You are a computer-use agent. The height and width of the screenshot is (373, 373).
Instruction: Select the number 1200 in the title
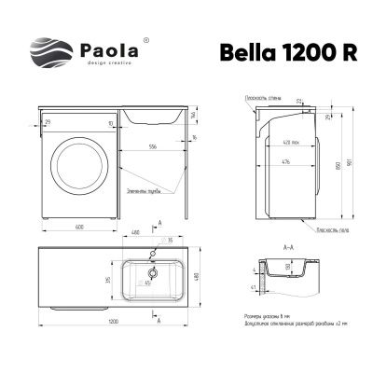pos(310,53)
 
